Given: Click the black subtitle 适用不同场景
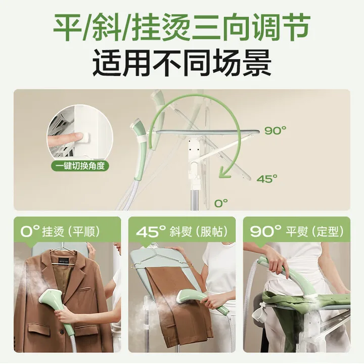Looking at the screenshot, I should coord(181,64).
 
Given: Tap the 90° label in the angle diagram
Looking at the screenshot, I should coord(275,130).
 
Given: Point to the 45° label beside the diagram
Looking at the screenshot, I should coord(267,178).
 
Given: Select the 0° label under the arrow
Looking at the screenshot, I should coord(221,203).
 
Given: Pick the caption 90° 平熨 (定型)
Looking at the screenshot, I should coord(297,232).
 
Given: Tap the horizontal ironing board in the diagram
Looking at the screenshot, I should coord(202,132).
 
